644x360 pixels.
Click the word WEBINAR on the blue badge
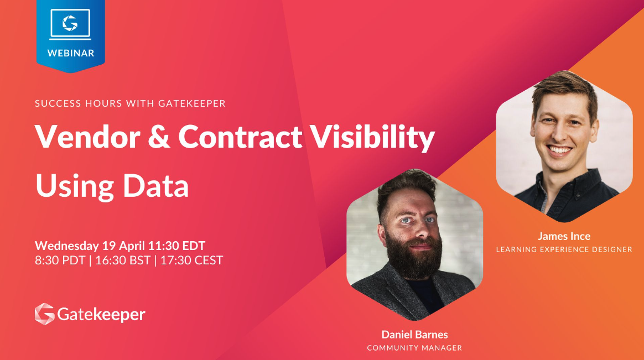tap(71, 53)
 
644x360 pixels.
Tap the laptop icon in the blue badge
tap(70, 24)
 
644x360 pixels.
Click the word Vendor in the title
tap(87, 137)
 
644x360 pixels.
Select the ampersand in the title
tap(159, 137)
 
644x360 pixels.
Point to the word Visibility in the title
tap(372, 138)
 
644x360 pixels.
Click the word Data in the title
tap(155, 186)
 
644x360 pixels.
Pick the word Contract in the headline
tap(240, 137)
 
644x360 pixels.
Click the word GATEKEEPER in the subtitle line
tap(192, 103)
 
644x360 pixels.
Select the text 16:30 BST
tap(123, 260)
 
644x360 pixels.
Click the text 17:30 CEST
tap(191, 260)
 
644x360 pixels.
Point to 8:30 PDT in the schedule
tap(60, 260)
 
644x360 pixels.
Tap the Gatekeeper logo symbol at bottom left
tap(45, 314)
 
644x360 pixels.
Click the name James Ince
tap(564, 236)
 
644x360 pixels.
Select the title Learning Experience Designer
tap(564, 249)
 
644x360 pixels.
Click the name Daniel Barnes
tap(415, 335)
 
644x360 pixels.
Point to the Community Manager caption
tap(414, 348)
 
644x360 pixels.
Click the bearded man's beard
tap(413, 259)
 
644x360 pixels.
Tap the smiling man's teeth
tap(559, 150)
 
